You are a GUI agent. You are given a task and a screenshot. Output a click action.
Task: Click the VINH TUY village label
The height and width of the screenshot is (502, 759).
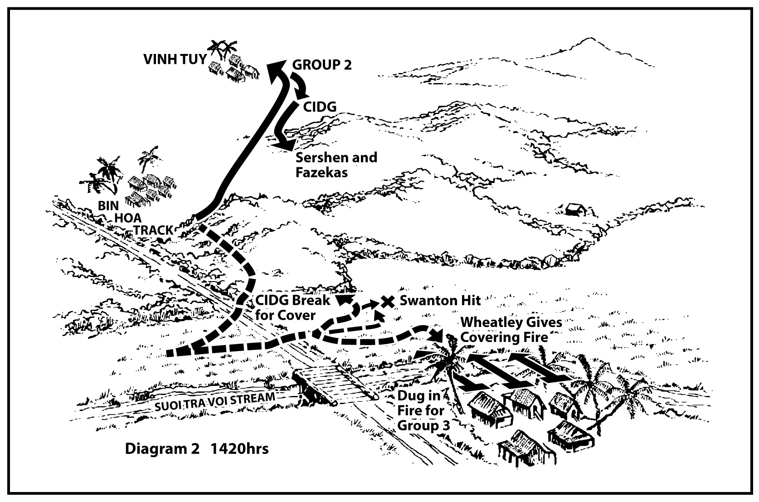pyautogui.click(x=174, y=60)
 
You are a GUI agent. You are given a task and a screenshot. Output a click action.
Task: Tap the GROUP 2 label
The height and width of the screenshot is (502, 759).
pyautogui.click(x=321, y=65)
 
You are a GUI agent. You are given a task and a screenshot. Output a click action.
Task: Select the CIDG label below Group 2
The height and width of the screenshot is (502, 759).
pyautogui.click(x=320, y=107)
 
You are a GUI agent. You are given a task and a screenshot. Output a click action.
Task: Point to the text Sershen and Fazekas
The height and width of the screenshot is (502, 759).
pyautogui.click(x=336, y=165)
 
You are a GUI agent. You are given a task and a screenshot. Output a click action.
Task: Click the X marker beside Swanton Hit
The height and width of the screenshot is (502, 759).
pyautogui.click(x=387, y=301)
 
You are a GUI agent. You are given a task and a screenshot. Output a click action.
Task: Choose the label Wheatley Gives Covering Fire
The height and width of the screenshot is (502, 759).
pyautogui.click(x=511, y=330)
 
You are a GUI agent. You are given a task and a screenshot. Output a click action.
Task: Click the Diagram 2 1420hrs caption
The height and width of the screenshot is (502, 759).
pyautogui.click(x=197, y=448)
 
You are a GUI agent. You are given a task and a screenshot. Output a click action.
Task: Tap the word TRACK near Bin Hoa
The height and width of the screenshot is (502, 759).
pyautogui.click(x=153, y=230)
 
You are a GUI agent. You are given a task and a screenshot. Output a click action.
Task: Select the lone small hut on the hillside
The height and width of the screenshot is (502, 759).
pyautogui.click(x=574, y=209)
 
